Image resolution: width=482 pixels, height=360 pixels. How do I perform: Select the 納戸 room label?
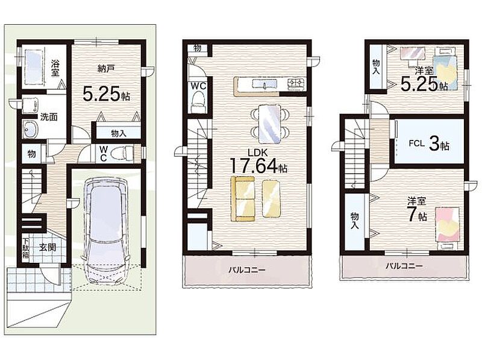point(106,69)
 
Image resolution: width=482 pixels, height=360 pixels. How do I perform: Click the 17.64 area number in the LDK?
point(254,166)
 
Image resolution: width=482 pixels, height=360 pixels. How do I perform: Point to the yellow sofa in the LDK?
point(243,198)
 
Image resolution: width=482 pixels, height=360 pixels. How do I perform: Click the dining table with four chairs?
point(269,124)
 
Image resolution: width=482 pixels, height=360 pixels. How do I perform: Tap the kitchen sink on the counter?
point(264,84)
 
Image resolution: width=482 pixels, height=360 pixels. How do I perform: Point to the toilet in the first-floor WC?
point(121,153)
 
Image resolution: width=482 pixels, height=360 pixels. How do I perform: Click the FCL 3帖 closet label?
point(429,144)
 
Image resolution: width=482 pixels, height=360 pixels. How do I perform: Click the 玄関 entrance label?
point(48,247)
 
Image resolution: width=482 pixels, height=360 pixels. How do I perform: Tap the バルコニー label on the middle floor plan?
point(246,271)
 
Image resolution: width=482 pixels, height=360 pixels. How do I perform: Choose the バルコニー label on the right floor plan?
point(404,266)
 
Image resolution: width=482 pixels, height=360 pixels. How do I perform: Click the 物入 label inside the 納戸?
point(119,133)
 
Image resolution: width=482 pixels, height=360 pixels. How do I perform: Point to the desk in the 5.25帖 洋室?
point(413,55)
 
